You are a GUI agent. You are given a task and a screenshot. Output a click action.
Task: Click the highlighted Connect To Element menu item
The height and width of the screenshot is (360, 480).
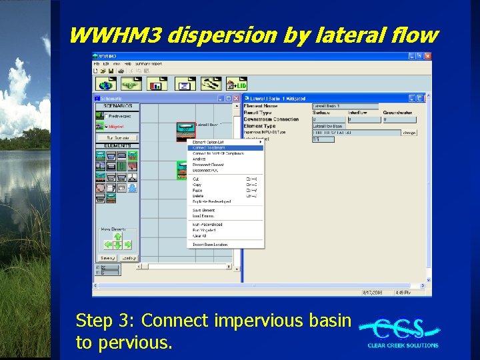(209, 148)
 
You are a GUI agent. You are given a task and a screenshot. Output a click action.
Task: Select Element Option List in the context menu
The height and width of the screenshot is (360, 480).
(208, 142)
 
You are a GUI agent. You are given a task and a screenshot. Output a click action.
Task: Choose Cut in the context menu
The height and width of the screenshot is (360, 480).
(196, 179)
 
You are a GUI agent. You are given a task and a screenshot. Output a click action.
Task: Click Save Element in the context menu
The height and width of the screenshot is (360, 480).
(203, 211)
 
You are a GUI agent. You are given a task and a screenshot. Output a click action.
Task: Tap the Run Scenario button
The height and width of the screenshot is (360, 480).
(117, 137)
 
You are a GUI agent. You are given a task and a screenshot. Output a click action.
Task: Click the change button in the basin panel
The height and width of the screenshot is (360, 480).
(409, 133)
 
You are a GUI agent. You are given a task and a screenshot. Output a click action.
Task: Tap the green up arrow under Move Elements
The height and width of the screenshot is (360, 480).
(117, 236)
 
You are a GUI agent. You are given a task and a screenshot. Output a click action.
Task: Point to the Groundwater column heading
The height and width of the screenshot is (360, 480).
(398, 113)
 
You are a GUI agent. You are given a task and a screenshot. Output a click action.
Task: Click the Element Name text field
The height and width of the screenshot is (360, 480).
(345, 106)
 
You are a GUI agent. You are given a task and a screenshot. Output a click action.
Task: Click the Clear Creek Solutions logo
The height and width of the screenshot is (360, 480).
(402, 332)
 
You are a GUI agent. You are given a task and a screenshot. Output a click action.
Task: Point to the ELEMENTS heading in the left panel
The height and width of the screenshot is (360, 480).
(117, 145)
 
